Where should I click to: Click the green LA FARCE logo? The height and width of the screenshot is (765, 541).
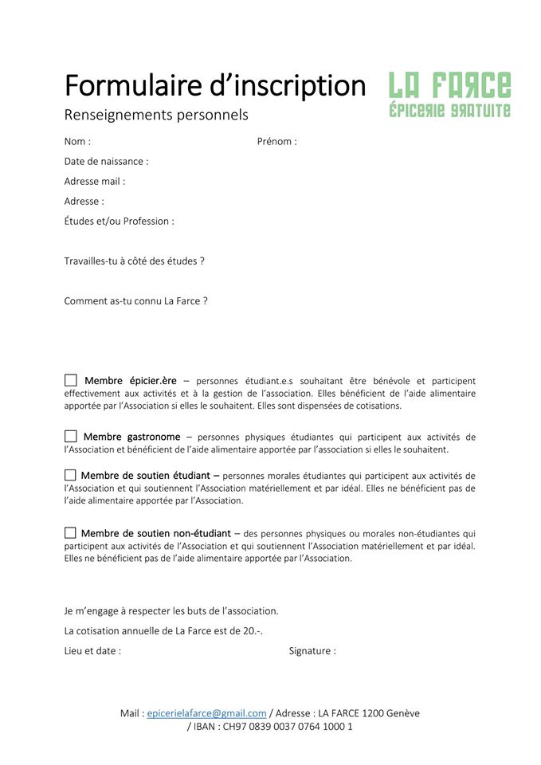tap(449, 95)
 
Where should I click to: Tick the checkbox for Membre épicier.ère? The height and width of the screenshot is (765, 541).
tap(71, 380)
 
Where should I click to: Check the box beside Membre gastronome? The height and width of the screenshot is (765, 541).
tap(71, 436)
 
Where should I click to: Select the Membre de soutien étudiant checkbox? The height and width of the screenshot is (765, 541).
tap(70, 475)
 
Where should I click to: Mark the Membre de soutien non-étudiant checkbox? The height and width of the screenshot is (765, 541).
tap(70, 532)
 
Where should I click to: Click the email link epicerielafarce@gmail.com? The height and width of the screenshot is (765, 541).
tap(206, 713)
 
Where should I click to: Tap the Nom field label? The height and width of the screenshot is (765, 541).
tap(77, 142)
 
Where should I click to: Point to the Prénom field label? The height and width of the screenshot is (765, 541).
tap(276, 142)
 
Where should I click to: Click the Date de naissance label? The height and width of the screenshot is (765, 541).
tap(106, 162)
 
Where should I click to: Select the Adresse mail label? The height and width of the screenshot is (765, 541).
tap(94, 182)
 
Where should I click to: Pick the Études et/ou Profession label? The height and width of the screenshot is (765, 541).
tap(119, 222)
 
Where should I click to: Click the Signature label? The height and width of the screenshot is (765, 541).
tap(312, 651)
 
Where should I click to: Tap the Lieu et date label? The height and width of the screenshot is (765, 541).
tap(92, 651)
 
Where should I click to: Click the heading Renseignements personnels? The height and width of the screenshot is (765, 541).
tap(156, 115)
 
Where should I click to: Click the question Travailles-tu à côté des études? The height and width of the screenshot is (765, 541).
tap(134, 261)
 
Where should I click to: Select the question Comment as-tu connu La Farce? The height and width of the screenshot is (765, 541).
tap(135, 301)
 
